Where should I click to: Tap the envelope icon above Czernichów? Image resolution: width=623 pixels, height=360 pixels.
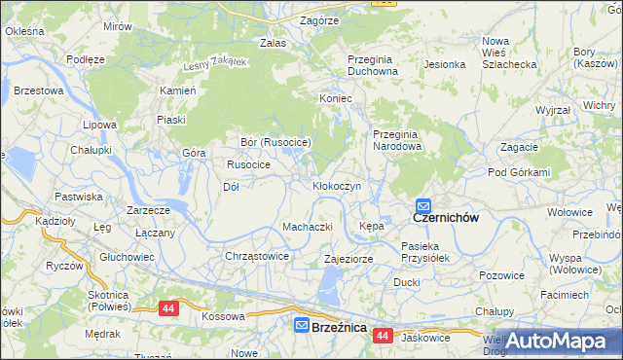(423, 205)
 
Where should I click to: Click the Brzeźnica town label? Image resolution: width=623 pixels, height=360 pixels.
(339, 327)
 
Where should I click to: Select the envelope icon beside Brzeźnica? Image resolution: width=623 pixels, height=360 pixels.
(302, 326)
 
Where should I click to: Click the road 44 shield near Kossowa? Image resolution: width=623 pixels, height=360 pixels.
(169, 308)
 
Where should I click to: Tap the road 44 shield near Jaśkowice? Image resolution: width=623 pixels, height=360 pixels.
(382, 336)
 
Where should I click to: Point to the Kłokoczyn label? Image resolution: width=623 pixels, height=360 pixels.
(337, 185)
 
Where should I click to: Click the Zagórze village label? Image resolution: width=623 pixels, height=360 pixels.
(319, 19)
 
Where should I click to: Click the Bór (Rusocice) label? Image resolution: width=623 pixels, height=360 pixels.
(275, 142)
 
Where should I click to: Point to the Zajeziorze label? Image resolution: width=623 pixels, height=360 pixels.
(348, 260)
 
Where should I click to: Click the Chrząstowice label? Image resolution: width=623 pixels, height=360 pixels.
(257, 256)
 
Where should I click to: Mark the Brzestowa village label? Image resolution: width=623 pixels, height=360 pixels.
(40, 90)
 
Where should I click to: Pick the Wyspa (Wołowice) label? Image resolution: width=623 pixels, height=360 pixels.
(578, 265)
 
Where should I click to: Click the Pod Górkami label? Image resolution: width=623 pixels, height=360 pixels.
(519, 172)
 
